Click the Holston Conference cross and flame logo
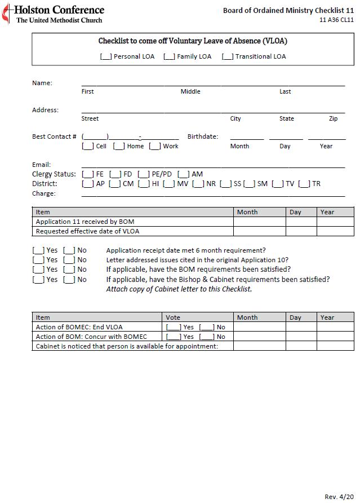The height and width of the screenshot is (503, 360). point(6,14)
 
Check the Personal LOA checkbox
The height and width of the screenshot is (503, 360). point(105,56)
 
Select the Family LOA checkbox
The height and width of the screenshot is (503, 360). point(169,56)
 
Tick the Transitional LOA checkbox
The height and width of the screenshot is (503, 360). point(227,56)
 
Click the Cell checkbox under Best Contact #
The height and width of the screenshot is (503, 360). point(87,146)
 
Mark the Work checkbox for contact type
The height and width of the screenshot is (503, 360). point(154,146)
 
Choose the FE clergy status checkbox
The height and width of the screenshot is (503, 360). point(87,174)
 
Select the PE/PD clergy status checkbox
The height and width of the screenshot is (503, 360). point(143,174)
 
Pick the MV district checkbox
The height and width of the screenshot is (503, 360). point(168,184)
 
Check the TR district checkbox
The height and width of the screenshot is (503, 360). point(304,184)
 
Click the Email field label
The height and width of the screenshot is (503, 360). point(41,165)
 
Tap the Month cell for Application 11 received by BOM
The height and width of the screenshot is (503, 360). point(259,222)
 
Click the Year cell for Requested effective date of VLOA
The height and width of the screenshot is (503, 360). point(335,231)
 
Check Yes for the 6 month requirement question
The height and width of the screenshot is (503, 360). point(38,250)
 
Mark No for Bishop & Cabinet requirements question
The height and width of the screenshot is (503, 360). point(69,280)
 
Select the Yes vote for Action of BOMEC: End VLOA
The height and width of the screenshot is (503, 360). point(174,327)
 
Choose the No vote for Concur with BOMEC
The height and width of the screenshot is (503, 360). point(207,337)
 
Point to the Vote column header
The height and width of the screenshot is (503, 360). point(174,317)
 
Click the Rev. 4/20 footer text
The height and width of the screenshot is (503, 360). point(339,496)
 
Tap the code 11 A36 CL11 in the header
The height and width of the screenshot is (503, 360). point(336,20)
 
